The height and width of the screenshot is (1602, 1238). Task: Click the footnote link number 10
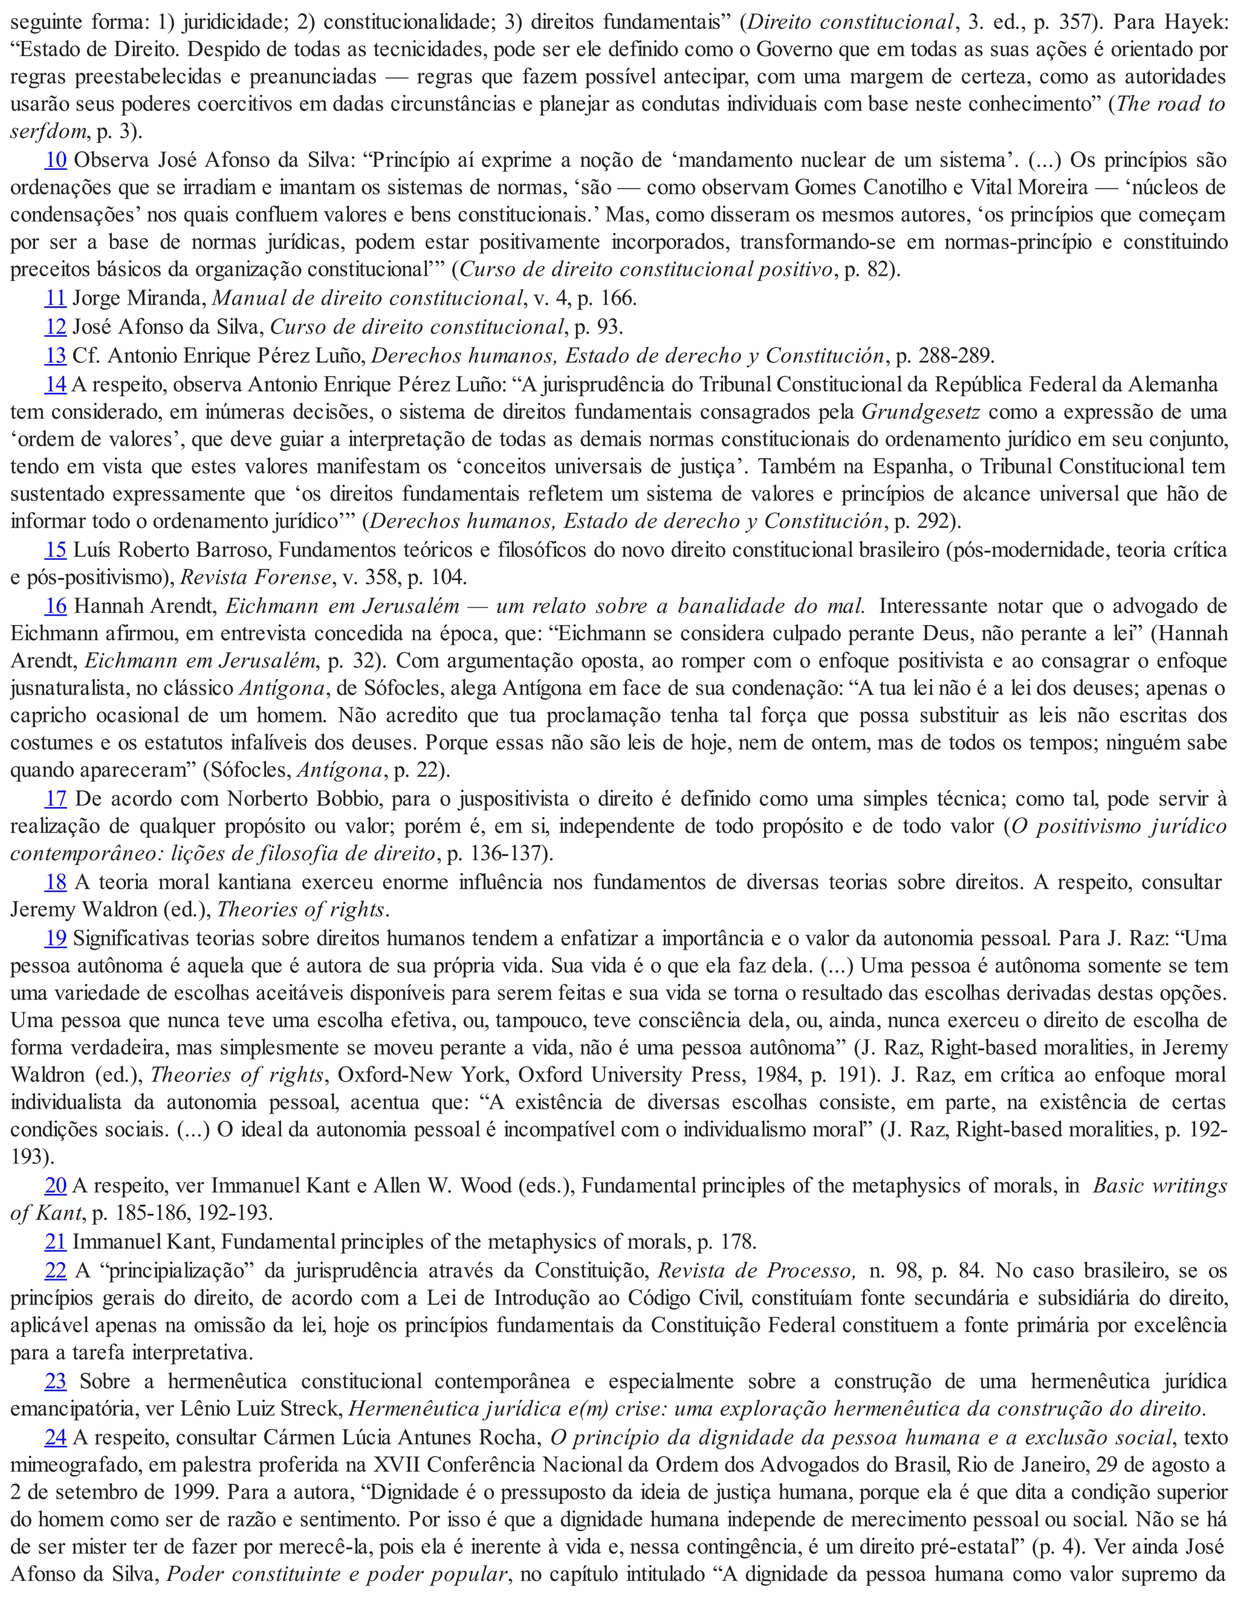click(x=56, y=160)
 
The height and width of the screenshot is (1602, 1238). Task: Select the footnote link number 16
click(x=56, y=606)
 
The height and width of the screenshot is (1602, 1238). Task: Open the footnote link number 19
click(x=56, y=938)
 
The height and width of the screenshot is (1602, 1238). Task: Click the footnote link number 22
click(x=56, y=1271)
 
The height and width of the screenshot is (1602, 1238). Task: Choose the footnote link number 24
click(x=56, y=1437)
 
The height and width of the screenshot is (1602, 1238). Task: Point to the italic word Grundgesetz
click(x=921, y=412)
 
